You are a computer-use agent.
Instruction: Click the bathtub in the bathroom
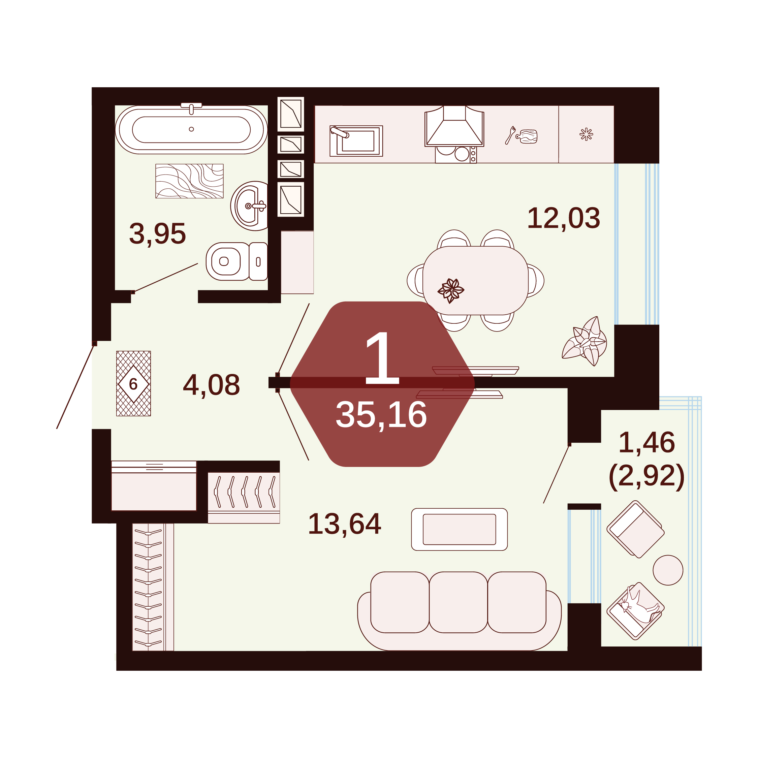(x=191, y=129)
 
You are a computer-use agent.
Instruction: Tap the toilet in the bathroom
(x=236, y=261)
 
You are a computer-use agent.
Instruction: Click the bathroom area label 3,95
(x=157, y=234)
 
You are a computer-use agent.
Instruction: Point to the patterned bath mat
(x=189, y=181)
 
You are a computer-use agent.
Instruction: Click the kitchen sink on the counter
(x=356, y=141)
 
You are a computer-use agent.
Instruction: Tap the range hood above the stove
(x=454, y=126)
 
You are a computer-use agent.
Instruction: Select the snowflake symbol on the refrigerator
(x=586, y=134)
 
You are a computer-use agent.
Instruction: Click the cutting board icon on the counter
(x=527, y=136)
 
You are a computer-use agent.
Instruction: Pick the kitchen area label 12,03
(x=563, y=218)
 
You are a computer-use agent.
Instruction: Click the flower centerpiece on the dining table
(x=451, y=290)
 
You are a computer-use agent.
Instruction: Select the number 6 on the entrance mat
(x=133, y=384)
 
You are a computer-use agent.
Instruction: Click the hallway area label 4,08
(x=212, y=385)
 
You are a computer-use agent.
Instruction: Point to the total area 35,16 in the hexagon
(x=381, y=415)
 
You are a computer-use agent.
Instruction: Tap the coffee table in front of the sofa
(x=460, y=529)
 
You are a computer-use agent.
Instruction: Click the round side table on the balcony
(x=668, y=570)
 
